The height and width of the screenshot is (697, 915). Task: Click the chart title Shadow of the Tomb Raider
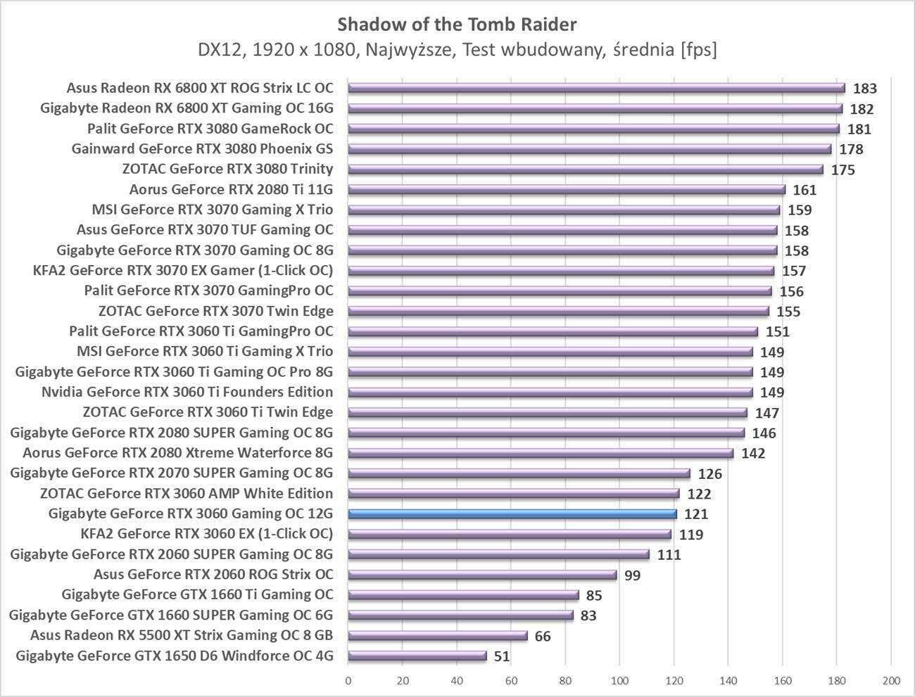[457, 25]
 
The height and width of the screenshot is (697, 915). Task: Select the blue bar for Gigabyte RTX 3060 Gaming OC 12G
[512, 514]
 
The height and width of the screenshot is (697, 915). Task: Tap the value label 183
[864, 89]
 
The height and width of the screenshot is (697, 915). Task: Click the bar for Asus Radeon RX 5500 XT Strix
[437, 636]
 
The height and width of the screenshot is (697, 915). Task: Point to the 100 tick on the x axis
[619, 680]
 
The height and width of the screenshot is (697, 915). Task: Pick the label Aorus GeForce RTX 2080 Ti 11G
[231, 189]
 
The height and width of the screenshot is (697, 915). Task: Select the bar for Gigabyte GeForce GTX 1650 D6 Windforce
[417, 656]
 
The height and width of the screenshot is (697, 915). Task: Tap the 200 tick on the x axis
[891, 680]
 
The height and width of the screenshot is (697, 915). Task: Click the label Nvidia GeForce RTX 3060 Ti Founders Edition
[187, 392]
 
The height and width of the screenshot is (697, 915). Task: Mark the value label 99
[632, 575]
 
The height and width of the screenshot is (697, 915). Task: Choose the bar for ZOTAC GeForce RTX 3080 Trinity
[585, 170]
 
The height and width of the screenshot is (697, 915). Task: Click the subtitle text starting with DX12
[457, 50]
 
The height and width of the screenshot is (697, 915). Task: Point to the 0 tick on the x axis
[348, 680]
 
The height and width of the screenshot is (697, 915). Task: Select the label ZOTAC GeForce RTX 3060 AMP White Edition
[187, 493]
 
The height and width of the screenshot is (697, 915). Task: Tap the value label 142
[752, 454]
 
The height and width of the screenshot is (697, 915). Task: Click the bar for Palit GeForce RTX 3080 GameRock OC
[593, 129]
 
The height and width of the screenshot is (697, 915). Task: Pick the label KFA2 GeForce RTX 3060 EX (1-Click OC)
[207, 534]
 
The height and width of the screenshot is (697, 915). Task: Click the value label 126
[709, 474]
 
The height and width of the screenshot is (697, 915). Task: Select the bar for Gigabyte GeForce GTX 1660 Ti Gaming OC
[463, 595]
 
